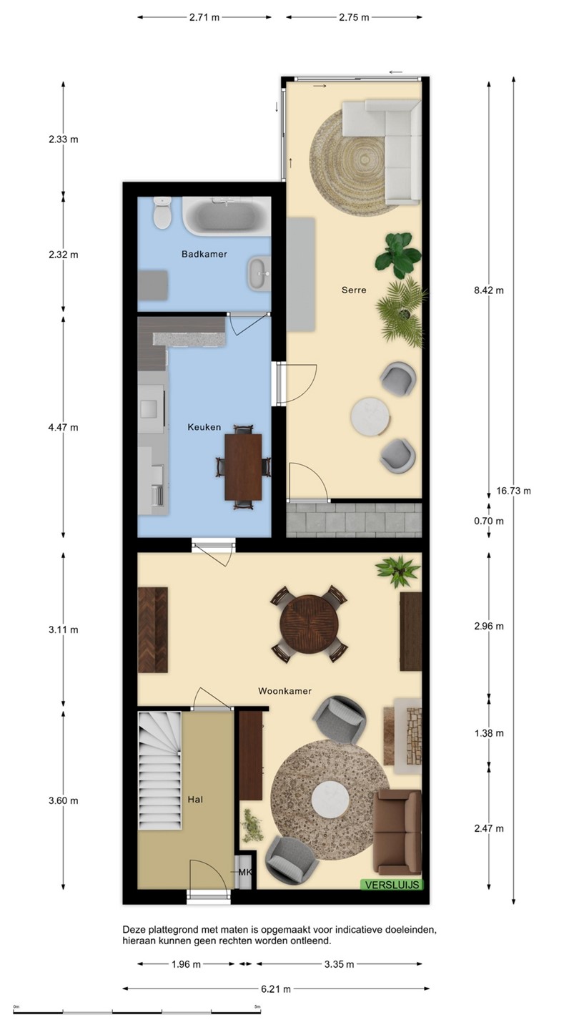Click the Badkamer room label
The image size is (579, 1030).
coord(204,254)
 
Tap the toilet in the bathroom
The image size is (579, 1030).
coord(162,213)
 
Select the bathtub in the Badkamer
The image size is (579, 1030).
coord(227,217)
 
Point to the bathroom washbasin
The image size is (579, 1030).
coord(260,274)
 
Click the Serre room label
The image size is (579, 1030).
coord(354,290)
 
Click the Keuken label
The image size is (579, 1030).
coord(204,427)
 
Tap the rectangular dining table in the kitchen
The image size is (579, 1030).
coord(243,466)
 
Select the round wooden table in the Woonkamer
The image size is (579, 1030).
coord(309,623)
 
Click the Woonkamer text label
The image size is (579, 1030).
coord(285,691)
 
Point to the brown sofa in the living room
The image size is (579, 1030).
coord(397,833)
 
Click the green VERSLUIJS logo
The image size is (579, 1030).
coord(392,885)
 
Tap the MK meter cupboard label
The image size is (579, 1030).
coord(245,873)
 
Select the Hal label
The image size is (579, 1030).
coord(195,800)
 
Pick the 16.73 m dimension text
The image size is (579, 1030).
coord(513,491)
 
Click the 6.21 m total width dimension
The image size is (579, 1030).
coord(276,989)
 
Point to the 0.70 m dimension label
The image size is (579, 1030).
coord(489,521)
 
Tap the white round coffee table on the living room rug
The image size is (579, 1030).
coord(331,801)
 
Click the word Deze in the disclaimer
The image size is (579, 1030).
coord(133,930)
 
